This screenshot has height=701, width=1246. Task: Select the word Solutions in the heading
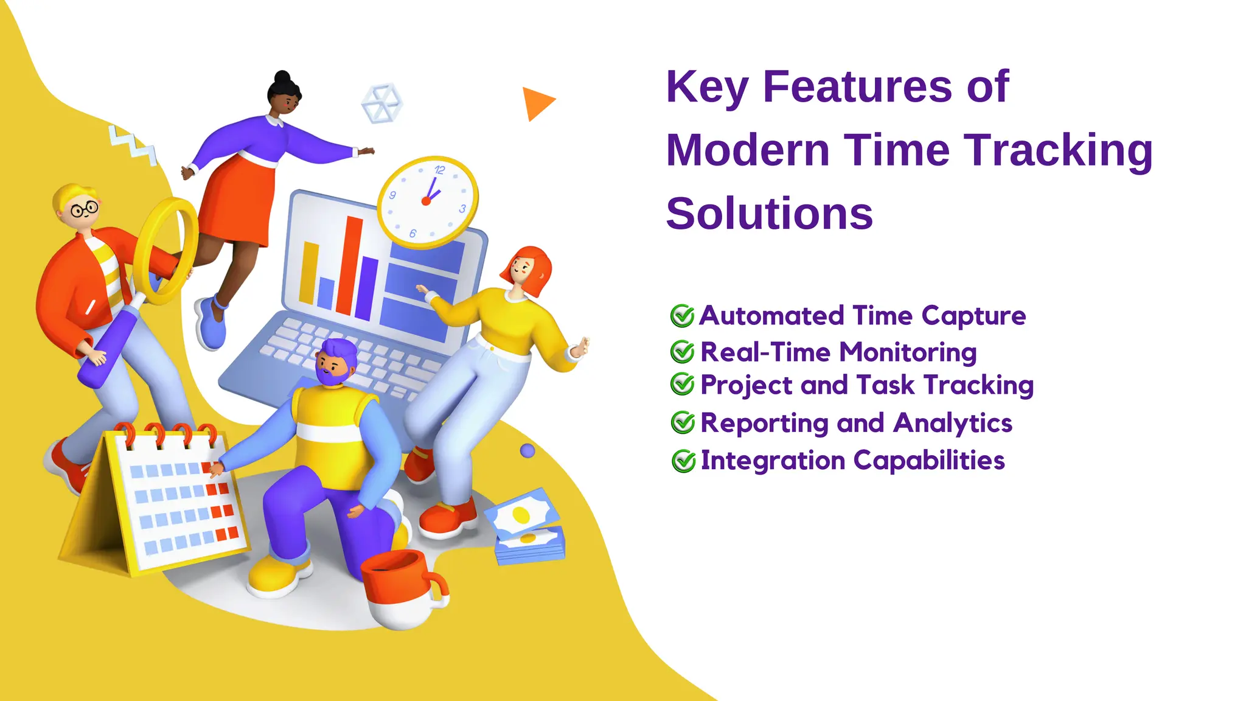[769, 214]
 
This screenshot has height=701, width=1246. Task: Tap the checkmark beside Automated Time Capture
[682, 316]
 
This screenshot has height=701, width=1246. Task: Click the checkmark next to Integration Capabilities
[683, 461]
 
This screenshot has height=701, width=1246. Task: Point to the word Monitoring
[909, 352]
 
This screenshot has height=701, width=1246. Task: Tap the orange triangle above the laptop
[535, 103]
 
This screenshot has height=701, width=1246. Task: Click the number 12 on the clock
[439, 170]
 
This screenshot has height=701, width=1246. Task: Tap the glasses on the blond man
[84, 210]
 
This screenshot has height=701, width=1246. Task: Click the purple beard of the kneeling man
[332, 376]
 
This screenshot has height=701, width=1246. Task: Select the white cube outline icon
[381, 103]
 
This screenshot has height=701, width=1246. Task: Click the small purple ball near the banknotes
[527, 450]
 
